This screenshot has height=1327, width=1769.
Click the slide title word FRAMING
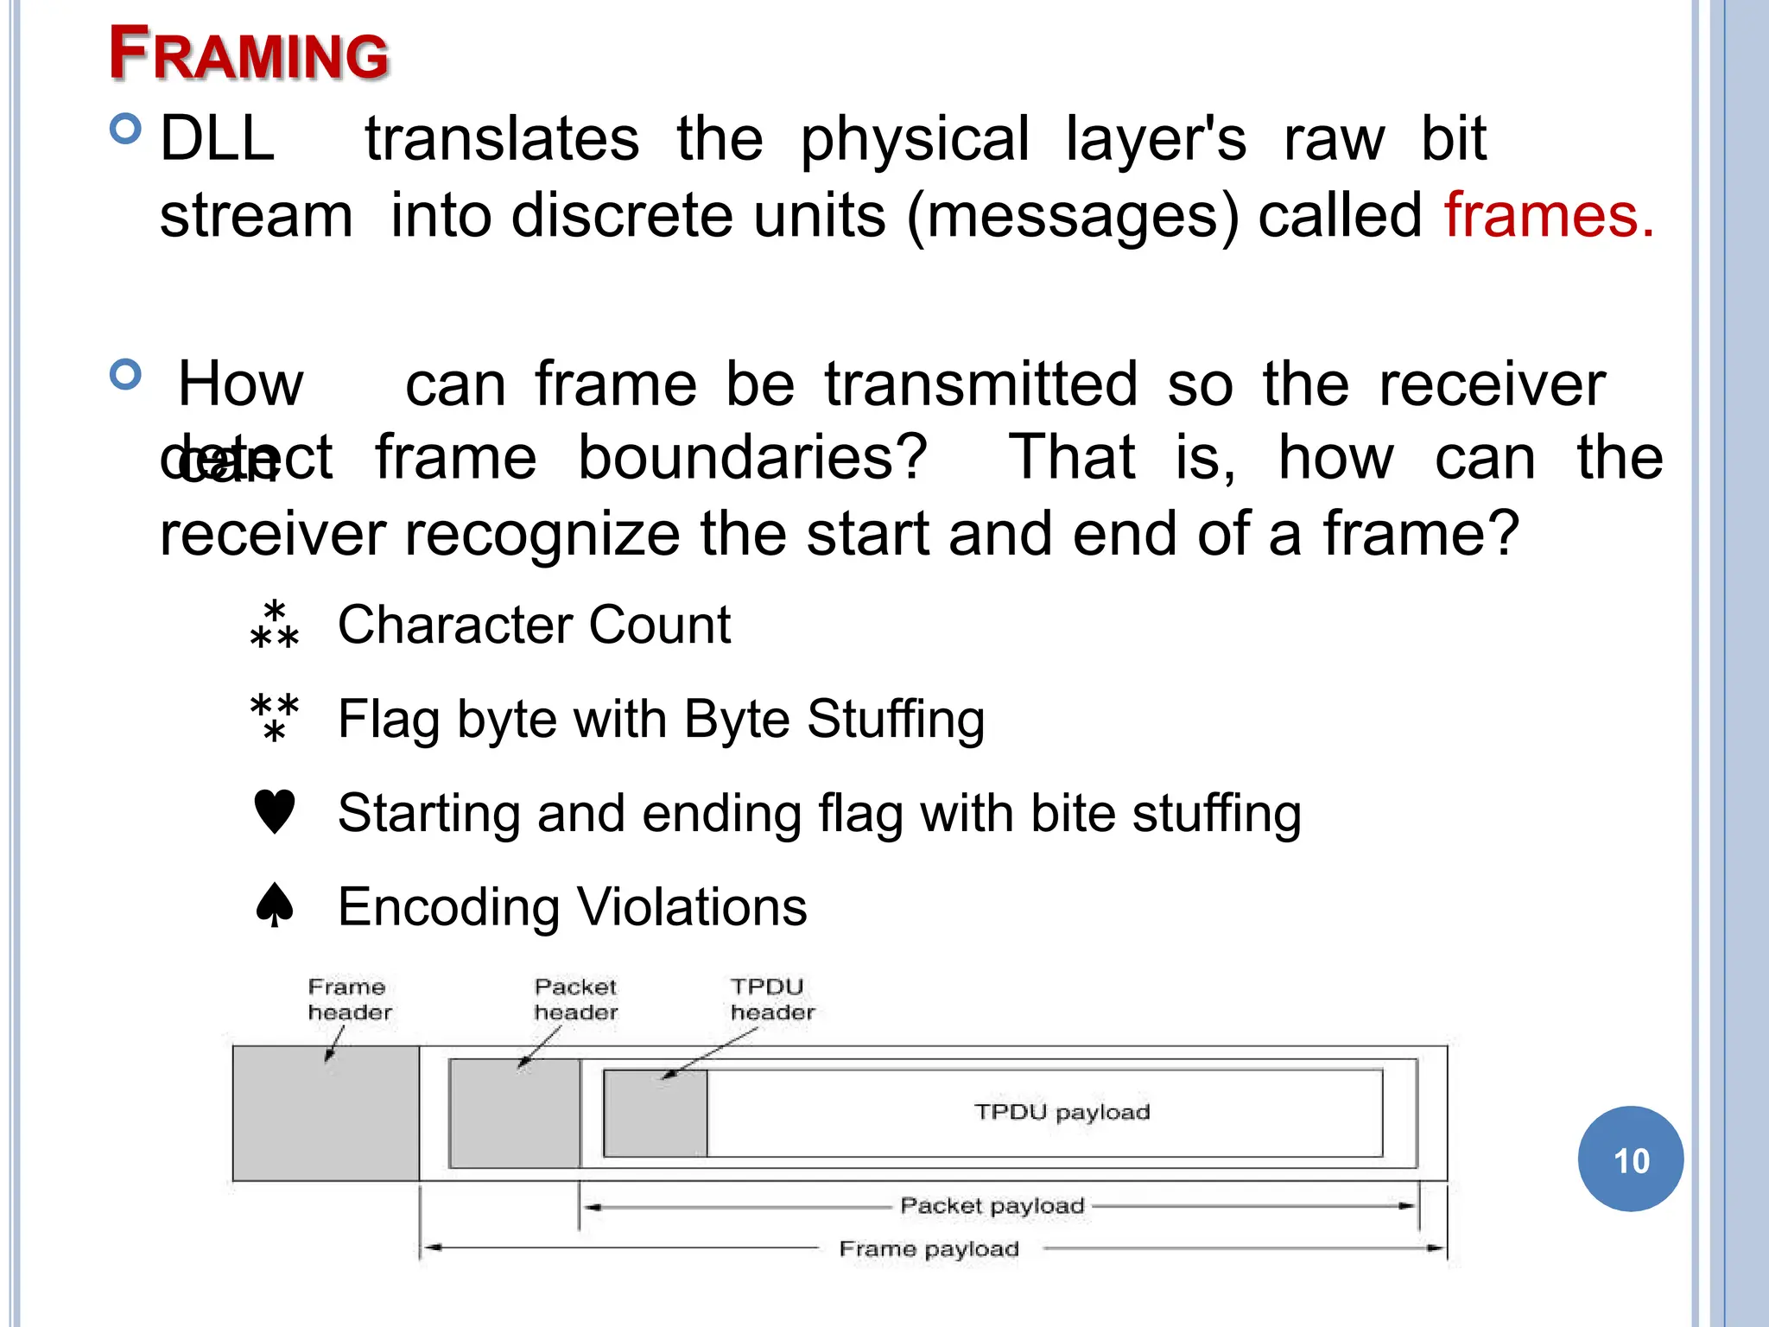point(249,54)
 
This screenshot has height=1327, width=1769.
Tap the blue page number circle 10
point(1630,1159)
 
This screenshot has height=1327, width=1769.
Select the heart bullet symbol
point(275,812)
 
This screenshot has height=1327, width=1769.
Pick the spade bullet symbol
point(275,905)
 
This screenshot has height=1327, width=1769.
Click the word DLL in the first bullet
point(218,139)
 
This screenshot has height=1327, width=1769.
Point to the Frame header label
point(350,1000)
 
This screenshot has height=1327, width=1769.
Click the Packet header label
point(575,1000)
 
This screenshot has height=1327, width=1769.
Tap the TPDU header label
point(771,1000)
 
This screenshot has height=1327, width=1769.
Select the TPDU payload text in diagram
point(1062,1112)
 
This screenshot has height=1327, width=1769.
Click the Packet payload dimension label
point(992,1206)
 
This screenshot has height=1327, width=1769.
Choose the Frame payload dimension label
point(929,1249)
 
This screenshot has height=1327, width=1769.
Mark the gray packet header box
point(515,1114)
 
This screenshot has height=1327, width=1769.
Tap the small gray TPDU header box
point(655,1114)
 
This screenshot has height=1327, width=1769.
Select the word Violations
point(691,907)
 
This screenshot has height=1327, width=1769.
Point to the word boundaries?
point(752,457)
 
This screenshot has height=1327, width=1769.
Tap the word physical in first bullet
point(914,139)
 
